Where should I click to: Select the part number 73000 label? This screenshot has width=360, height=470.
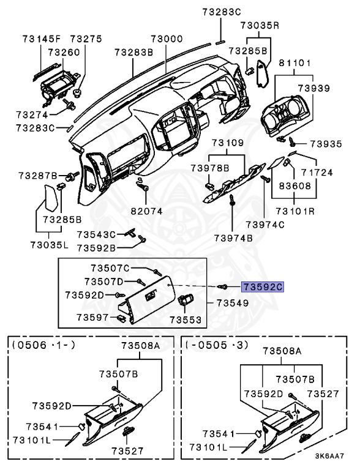pos(167,39)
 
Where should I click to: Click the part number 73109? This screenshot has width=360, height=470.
pos(228,143)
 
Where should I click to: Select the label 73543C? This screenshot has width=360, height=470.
pos(96,234)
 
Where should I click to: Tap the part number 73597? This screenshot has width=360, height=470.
pos(92,316)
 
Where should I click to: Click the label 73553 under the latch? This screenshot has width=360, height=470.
pos(184,319)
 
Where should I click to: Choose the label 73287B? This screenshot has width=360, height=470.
pos(38,176)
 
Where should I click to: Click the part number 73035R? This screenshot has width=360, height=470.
pos(260,26)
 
